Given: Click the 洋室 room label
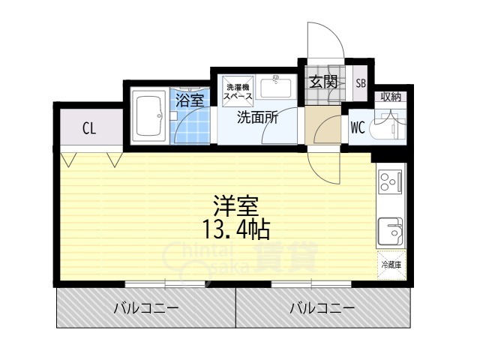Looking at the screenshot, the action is point(236,206).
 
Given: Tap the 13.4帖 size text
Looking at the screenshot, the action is point(235,229).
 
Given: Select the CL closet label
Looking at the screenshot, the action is point(89,128).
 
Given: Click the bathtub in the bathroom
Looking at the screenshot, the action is point(149,116).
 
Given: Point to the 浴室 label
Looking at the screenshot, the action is point(190,100).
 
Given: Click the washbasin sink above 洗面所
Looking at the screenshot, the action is point(276,88).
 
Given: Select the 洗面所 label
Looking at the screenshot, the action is point(258,117).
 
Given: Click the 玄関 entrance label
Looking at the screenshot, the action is point(323,82).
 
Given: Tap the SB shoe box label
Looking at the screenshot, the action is point(361,83).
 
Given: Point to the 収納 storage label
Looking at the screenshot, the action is point(391,97).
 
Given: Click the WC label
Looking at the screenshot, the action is point(358,127).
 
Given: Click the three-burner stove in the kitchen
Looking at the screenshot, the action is point(390,181).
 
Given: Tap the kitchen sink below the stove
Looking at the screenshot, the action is point(391,232).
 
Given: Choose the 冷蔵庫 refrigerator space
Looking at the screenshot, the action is point(391,265).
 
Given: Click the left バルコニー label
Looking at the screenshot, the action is point(145,307).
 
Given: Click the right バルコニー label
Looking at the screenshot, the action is point(322,307).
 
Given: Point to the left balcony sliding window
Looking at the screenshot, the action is point(165,283).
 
